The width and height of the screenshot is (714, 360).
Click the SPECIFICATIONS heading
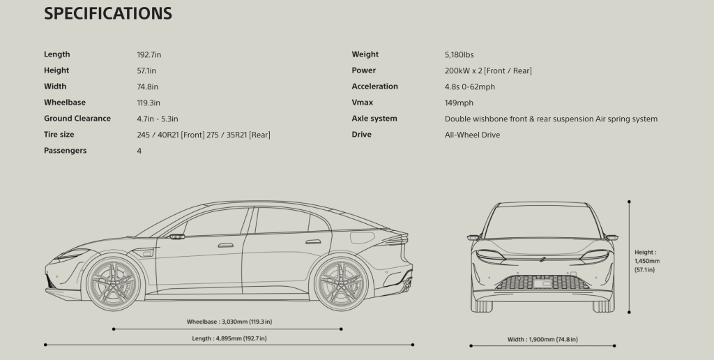(x=108, y=13)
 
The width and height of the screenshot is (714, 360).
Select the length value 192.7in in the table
(x=149, y=54)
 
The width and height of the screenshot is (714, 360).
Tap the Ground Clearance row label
(x=77, y=119)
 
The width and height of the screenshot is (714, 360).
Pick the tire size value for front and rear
(x=204, y=135)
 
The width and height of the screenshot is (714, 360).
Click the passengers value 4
(x=139, y=151)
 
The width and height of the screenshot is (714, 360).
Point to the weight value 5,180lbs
(x=459, y=54)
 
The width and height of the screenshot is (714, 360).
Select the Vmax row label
(x=363, y=103)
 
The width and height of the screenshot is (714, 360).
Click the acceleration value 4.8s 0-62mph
(x=469, y=87)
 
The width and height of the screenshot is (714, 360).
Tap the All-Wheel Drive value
(x=472, y=135)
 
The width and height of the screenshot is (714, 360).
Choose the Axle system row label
(x=374, y=119)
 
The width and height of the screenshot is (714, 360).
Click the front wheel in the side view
(x=114, y=283)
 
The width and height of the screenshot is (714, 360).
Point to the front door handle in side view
(x=226, y=245)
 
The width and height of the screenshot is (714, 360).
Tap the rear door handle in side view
(x=313, y=242)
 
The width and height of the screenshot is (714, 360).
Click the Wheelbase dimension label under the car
(x=229, y=322)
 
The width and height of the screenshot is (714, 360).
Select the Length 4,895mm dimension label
(x=229, y=338)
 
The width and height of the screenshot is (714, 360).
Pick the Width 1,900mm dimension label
(x=542, y=340)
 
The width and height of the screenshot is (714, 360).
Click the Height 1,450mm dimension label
(x=647, y=261)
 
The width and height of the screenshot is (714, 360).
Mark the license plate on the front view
(x=542, y=283)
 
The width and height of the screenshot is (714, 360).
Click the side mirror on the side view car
(x=176, y=237)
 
